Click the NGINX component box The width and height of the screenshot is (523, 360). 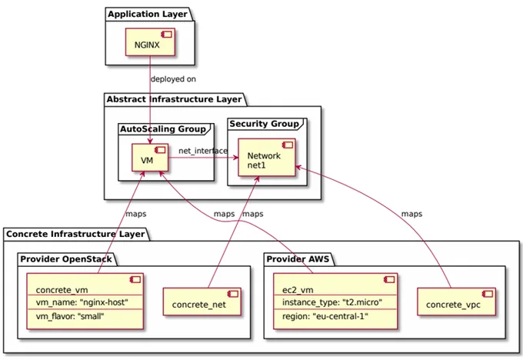tap(150, 42)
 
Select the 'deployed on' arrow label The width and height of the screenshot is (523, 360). tap(173, 79)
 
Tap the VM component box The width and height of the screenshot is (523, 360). tap(150, 158)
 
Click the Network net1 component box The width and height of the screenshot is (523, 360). tap(267, 158)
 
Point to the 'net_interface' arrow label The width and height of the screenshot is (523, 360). tap(203, 151)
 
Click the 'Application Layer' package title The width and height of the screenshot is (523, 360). tap(148, 15)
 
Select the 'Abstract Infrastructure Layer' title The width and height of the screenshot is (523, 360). tap(174, 99)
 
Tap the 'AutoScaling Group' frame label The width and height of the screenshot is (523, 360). tap(163, 129)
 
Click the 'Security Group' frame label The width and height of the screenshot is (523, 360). tap(264, 124)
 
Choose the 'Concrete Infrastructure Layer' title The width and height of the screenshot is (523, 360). tap(75, 234)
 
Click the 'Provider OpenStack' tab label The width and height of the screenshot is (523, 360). tap(66, 259)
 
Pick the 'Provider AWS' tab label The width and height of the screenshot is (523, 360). tap(298, 259)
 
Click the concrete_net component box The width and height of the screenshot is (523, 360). tap(202, 302)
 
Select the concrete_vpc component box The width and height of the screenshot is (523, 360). tap(457, 302)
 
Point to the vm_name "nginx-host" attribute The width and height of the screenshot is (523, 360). tap(82, 302)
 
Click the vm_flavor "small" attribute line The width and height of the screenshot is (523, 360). tap(70, 316)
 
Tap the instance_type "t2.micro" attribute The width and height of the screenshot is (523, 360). tap(332, 302)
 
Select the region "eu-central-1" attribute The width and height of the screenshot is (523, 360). tap(325, 316)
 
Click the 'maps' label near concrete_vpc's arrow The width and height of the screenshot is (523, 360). tap(411, 214)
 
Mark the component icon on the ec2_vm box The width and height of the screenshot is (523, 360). tap(389, 279)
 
